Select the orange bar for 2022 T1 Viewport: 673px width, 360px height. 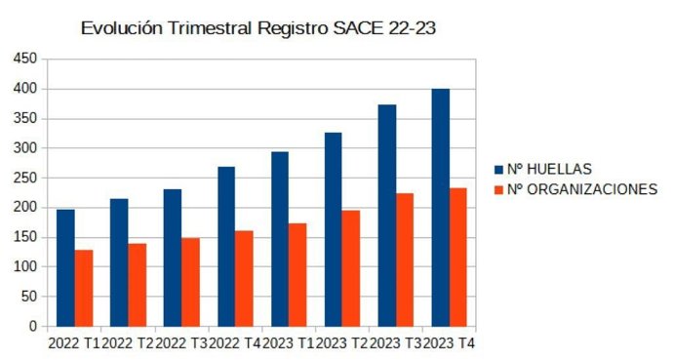point(84,288)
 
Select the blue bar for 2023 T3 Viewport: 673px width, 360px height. point(387,215)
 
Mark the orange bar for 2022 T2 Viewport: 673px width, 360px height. point(138,284)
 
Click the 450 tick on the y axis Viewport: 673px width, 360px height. point(25,60)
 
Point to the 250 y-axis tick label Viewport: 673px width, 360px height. point(25,178)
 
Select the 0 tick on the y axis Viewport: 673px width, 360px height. point(33,326)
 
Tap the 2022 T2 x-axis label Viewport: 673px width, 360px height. point(129,342)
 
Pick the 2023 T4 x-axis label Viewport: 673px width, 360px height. point(450,342)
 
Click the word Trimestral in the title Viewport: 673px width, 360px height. point(205,28)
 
